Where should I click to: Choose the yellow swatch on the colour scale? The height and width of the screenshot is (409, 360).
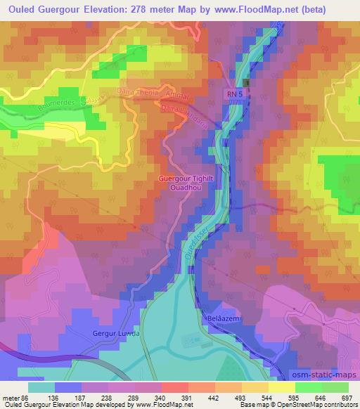281,387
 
